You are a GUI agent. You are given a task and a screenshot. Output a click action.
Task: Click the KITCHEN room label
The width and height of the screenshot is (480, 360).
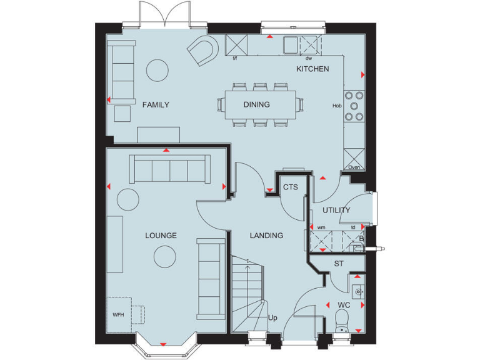tap(312, 69)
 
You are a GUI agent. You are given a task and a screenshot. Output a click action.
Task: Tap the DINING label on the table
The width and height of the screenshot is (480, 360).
tap(257, 104)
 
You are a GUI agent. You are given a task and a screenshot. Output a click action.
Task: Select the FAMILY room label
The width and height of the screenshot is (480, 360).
tap(156, 104)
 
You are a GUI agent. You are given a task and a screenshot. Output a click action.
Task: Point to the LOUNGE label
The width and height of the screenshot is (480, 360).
tap(161, 236)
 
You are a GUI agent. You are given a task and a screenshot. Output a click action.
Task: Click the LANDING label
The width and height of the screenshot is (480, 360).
tap(266, 236)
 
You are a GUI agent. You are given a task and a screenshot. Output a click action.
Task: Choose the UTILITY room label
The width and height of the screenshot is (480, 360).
tap(336, 210)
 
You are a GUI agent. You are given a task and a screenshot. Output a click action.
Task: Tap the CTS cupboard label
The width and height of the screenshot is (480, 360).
tap(290, 187)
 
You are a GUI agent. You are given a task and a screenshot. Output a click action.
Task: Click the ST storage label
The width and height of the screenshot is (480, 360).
tap(339, 264)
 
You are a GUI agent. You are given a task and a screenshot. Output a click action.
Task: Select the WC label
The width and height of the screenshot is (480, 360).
tap(344, 305)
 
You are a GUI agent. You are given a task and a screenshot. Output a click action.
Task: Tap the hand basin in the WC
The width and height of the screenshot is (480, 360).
tap(357, 291)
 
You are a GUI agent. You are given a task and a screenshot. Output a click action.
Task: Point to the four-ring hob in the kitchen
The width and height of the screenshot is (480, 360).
tap(356, 106)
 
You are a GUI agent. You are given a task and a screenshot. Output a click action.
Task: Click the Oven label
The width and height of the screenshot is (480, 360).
tap(354, 167)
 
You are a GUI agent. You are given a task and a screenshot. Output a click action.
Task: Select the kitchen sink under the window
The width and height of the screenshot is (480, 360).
tap(291, 44)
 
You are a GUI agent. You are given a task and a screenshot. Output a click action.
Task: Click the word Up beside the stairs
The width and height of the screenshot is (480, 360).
tap(272, 318)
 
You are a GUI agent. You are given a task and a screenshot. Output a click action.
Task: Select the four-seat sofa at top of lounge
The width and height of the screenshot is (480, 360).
tap(169, 169)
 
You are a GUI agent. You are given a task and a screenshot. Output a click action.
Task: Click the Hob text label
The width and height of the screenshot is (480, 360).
tap(337, 106)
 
